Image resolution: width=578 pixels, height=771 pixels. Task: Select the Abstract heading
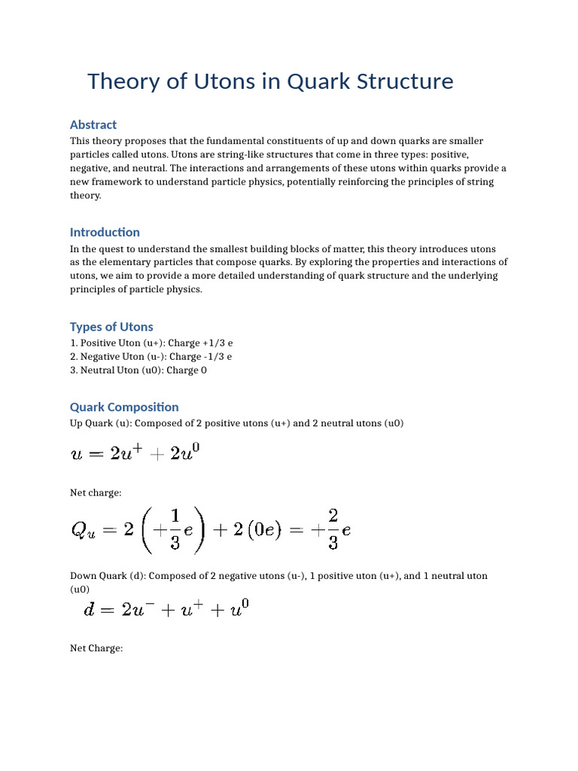click(x=93, y=124)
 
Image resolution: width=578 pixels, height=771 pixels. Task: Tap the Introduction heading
click(x=105, y=232)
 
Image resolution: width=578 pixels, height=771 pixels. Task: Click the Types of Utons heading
click(x=111, y=327)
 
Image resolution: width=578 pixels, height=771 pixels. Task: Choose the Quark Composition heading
click(x=124, y=407)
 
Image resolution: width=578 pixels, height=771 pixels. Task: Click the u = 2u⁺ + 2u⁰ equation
click(x=135, y=454)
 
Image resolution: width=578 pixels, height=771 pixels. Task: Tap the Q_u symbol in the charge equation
click(x=84, y=530)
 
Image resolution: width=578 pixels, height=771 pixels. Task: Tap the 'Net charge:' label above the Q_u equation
click(x=96, y=492)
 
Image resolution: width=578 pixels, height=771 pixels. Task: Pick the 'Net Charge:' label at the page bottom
click(x=96, y=648)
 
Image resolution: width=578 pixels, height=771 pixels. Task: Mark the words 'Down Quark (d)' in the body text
click(x=106, y=575)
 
